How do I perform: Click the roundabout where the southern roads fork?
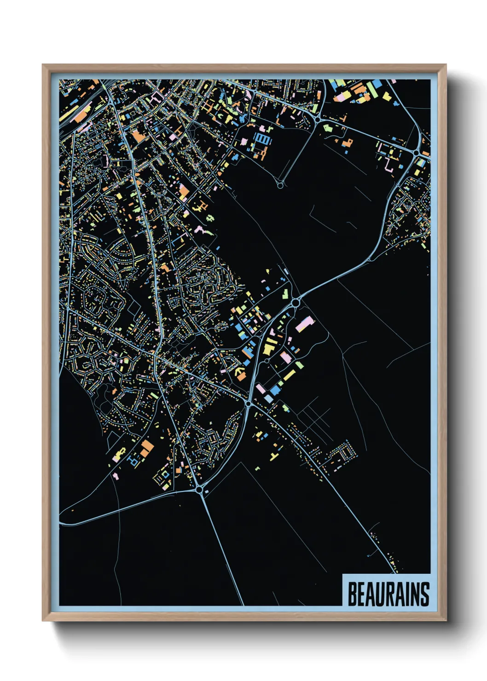pos(199,490)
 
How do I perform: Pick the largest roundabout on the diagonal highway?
pos(296,303)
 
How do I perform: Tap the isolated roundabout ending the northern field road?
pos(280,185)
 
